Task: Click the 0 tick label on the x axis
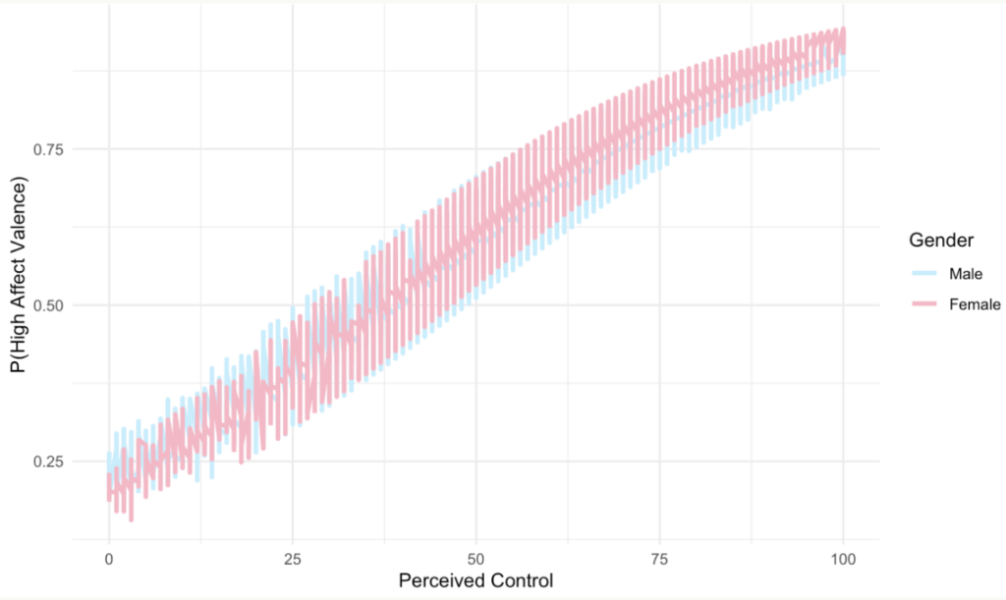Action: (x=108, y=558)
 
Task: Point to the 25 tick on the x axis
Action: (x=292, y=558)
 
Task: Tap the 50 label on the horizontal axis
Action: (x=475, y=558)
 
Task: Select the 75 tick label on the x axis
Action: (x=659, y=558)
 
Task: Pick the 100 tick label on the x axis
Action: (x=843, y=558)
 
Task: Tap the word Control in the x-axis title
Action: (x=522, y=580)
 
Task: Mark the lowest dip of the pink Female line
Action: (x=132, y=518)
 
